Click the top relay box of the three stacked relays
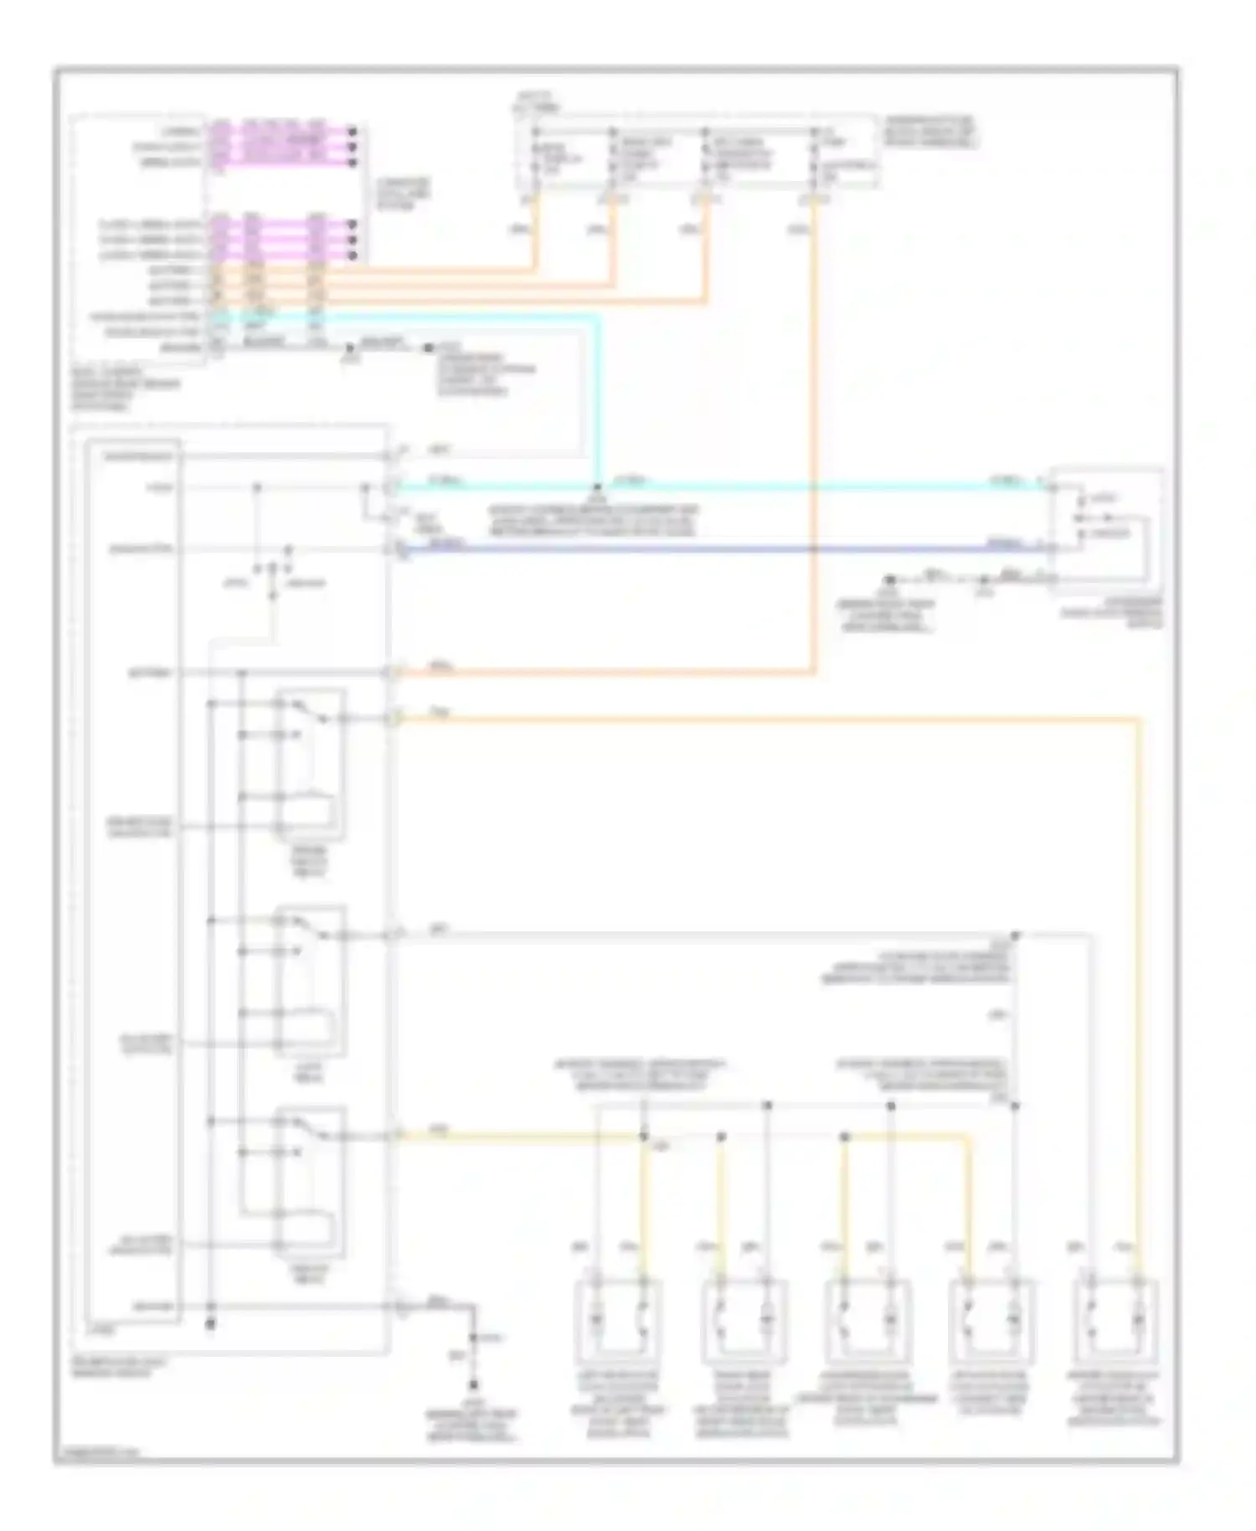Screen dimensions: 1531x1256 [x=310, y=764]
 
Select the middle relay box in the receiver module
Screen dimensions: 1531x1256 [x=310, y=980]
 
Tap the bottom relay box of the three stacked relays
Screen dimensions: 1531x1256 [x=310, y=1182]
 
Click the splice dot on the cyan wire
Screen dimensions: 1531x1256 [x=597, y=487]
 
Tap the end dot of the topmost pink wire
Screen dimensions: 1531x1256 [x=353, y=131]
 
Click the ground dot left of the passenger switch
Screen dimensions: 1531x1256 [x=891, y=579]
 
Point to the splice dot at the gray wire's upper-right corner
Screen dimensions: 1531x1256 [x=1015, y=935]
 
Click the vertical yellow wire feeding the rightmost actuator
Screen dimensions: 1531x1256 [x=1139, y=988]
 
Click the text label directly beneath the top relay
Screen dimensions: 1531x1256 [x=310, y=862]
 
